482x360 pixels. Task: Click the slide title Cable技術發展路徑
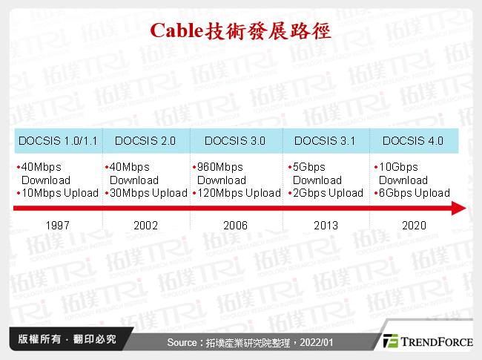click(240, 31)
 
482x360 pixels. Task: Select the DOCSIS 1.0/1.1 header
click(58, 141)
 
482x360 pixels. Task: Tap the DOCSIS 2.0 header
click(145, 141)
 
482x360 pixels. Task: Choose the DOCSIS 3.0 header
click(235, 141)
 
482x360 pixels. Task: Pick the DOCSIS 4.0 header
click(413, 141)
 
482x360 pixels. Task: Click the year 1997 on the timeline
click(58, 226)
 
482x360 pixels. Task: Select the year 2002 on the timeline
click(146, 226)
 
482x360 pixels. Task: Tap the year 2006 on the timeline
click(236, 226)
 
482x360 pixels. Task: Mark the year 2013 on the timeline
click(326, 226)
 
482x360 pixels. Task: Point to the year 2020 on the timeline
click(413, 226)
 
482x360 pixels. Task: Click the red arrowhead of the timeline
click(458, 209)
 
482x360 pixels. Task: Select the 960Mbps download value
click(220, 167)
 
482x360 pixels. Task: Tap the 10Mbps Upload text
click(60, 193)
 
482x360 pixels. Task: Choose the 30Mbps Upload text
click(148, 193)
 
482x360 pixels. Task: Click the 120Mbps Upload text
click(240, 193)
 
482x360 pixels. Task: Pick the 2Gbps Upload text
click(328, 193)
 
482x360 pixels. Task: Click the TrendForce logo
click(426, 341)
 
